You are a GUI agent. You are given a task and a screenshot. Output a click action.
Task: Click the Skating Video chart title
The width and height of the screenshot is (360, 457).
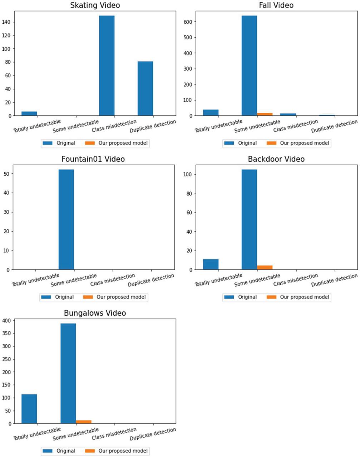[x=95, y=5]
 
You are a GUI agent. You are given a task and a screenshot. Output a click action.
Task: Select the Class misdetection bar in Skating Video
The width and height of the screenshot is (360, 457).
[x=107, y=66]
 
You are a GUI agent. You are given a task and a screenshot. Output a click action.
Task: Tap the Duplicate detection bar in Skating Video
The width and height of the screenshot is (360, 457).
[x=145, y=88]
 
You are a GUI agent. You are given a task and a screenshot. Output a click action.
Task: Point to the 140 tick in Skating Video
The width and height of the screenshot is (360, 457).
[x=8, y=22]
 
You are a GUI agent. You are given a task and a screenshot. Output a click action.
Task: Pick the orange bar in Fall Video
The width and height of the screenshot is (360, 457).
[x=265, y=114]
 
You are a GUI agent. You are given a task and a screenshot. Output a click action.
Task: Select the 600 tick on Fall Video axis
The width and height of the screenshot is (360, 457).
[x=189, y=22]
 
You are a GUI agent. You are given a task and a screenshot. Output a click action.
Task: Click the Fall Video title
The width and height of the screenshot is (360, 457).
[x=276, y=5]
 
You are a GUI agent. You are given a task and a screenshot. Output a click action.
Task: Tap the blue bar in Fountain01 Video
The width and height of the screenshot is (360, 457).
[x=66, y=219]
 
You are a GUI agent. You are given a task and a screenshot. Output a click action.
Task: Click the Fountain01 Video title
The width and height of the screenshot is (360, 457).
[x=93, y=159]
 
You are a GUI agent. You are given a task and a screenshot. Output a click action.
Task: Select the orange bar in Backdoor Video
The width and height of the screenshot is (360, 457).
[x=265, y=267]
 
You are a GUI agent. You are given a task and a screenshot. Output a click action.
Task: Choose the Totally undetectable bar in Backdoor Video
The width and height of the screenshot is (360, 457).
[x=211, y=264]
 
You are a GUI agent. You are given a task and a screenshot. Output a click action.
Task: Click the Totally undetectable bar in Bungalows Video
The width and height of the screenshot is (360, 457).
[x=29, y=409]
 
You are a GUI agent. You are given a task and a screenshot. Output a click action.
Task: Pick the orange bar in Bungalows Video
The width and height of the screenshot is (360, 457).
[x=84, y=422]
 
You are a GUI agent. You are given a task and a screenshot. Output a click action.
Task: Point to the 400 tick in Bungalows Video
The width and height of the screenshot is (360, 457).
[x=7, y=321]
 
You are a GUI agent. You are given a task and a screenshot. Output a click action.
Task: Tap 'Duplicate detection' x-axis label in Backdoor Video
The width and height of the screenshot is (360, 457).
[x=334, y=280]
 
